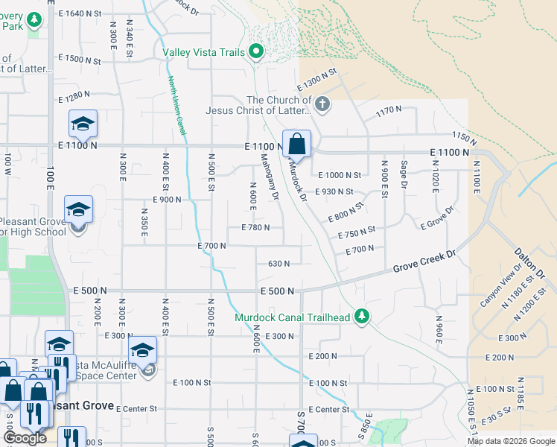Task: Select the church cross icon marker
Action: (322, 104)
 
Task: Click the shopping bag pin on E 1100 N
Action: (296, 143)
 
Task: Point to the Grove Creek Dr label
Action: (424, 261)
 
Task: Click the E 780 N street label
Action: (255, 227)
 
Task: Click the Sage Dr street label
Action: (404, 174)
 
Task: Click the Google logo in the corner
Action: (24, 438)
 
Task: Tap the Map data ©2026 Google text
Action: (511, 441)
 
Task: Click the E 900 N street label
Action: (167, 200)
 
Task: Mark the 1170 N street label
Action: (389, 110)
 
